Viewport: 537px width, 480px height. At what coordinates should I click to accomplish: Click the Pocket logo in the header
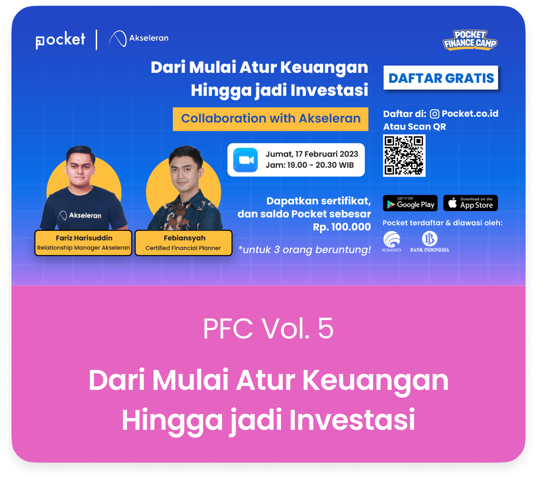pyautogui.click(x=60, y=40)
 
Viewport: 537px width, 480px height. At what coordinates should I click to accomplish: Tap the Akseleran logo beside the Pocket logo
pyautogui.click(x=139, y=39)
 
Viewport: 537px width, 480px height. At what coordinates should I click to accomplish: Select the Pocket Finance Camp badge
pyautogui.click(x=470, y=40)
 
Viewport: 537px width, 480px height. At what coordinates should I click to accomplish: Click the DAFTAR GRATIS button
pyautogui.click(x=441, y=78)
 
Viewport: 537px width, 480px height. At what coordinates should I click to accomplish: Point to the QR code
pyautogui.click(x=404, y=155)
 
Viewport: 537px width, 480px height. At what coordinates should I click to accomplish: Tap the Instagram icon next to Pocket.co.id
pyautogui.click(x=435, y=114)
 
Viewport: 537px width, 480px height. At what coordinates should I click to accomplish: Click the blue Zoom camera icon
pyautogui.click(x=245, y=160)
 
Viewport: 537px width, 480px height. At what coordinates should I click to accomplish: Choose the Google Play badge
pyautogui.click(x=410, y=203)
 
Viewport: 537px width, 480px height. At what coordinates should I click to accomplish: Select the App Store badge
pyautogui.click(x=470, y=203)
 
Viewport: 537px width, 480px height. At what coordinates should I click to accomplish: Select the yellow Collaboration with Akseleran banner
pyautogui.click(x=270, y=119)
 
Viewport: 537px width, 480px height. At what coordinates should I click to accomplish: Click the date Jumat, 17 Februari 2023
pyautogui.click(x=312, y=154)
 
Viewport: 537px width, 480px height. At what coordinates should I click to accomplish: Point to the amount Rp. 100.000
pyautogui.click(x=342, y=227)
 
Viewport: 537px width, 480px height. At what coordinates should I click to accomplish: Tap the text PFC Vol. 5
pyautogui.click(x=268, y=328)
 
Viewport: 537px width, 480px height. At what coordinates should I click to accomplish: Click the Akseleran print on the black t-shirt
pyautogui.click(x=80, y=215)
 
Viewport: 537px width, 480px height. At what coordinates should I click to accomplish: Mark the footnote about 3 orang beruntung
pyautogui.click(x=305, y=249)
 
